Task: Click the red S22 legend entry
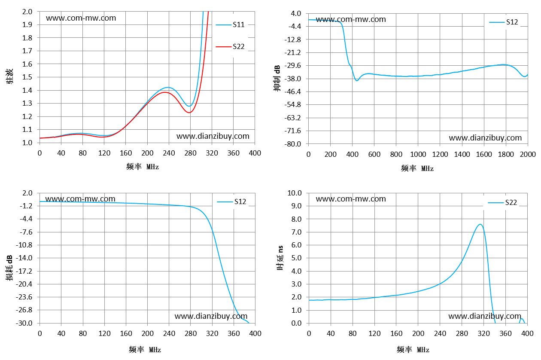(230, 46)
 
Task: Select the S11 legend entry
(230, 24)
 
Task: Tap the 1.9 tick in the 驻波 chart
(27, 24)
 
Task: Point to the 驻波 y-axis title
(9, 76)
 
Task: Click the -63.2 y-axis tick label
(292, 118)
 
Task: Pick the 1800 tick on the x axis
(506, 154)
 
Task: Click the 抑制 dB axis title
(277, 78)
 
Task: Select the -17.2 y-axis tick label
(24, 271)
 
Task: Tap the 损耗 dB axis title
(9, 268)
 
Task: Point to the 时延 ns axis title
(280, 258)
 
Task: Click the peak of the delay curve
(480, 224)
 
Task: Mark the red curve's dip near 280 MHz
(190, 113)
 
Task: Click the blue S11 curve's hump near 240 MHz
(168, 88)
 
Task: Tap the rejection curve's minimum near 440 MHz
(357, 80)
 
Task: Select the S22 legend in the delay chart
(502, 202)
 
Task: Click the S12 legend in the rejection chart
(504, 22)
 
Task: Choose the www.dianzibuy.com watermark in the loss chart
(211, 316)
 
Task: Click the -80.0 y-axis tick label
(292, 144)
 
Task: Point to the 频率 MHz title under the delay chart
(413, 349)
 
